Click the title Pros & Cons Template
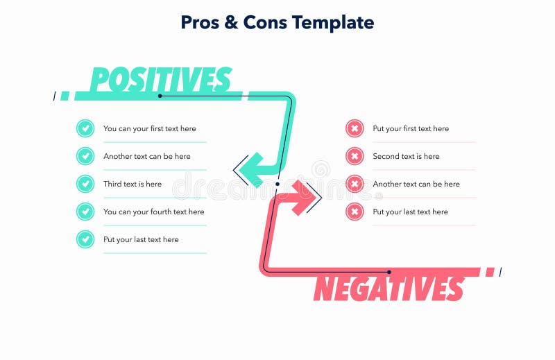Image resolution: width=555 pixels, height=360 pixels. click(277, 22)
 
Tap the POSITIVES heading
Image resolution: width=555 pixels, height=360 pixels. click(160, 79)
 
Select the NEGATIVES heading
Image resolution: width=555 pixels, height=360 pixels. click(388, 288)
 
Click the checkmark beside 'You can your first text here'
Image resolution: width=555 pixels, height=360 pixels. click(85, 128)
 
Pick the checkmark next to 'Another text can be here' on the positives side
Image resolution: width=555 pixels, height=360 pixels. click(85, 156)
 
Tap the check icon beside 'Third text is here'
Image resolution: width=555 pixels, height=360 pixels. click(85, 184)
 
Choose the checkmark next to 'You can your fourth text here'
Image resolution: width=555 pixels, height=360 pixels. click(85, 212)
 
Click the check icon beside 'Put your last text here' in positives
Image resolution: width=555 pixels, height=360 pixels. click(85, 239)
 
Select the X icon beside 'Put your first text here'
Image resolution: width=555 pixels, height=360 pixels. click(355, 128)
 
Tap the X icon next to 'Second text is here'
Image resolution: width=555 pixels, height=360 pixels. click(355, 156)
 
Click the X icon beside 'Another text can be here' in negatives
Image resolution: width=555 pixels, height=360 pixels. click(355, 184)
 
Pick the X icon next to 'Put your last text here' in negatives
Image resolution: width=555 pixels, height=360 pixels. click(355, 212)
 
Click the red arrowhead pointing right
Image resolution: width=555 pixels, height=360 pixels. click(305, 198)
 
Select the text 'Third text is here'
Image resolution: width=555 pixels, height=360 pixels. click(133, 184)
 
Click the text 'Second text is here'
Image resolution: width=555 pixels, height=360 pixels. click(406, 156)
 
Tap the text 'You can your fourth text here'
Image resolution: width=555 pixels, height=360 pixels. click(154, 212)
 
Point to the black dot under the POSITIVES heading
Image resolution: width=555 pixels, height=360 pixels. click(160, 96)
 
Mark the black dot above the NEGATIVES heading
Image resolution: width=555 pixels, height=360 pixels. click(389, 272)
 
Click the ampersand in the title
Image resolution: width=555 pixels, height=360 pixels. click(231, 22)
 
